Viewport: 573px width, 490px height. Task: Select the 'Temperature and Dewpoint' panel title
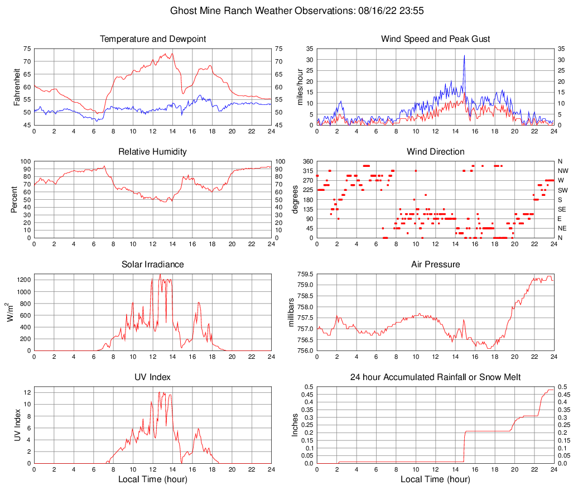[x=153, y=39]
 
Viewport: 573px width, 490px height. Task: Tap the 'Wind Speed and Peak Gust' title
[x=435, y=39]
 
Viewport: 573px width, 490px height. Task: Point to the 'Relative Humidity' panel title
[x=153, y=152]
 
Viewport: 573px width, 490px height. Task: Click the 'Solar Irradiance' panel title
[x=153, y=264]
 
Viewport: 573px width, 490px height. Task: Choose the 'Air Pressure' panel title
[x=435, y=264]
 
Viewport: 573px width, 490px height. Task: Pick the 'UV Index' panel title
[x=153, y=377]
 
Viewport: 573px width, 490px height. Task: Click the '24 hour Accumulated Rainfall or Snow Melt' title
[x=435, y=377]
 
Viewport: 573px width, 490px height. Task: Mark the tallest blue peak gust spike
[x=464, y=56]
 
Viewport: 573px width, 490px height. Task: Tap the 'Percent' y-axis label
[x=15, y=199]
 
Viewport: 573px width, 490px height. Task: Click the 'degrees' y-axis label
[x=296, y=199]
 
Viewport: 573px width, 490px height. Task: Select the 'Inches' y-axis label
[x=296, y=425]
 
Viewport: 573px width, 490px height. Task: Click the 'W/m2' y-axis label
[x=11, y=312]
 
